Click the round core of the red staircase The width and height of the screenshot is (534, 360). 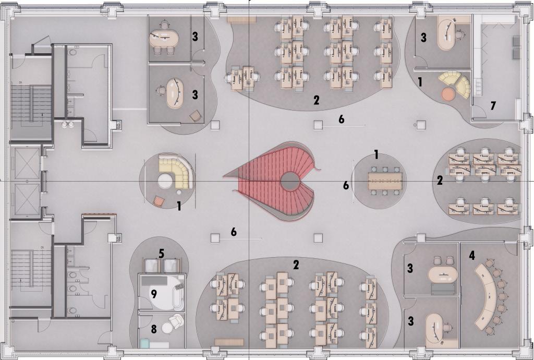tap(290, 181)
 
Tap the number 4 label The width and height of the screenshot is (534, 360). tap(472, 256)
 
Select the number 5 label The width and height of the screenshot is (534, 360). tap(162, 254)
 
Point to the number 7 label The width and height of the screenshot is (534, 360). tap(493, 106)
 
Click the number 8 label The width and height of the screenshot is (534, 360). tap(154, 329)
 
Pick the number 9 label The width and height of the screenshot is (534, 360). tap(154, 293)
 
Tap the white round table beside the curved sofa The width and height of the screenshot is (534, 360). tap(165, 182)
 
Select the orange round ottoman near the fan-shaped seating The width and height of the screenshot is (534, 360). tap(448, 94)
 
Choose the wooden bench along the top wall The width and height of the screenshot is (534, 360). tap(241, 19)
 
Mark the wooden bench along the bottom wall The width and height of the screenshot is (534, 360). tap(229, 342)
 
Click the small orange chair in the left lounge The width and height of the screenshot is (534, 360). tap(159, 200)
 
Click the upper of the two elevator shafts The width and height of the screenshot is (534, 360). tap(25, 163)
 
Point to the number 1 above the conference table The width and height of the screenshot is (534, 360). tap(376, 154)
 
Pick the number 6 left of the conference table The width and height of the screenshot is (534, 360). tap(345, 185)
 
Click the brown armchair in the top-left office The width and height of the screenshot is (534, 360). tap(195, 116)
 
